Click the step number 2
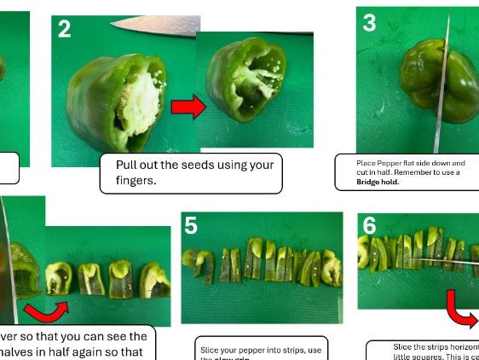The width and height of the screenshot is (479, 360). click(x=65, y=30)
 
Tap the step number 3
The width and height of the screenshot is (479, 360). click(x=369, y=23)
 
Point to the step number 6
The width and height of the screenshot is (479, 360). click(x=369, y=226)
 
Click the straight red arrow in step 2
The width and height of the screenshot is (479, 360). click(x=189, y=107)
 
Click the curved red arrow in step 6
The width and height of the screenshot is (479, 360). click(x=464, y=311)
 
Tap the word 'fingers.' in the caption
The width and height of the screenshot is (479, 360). click(x=136, y=181)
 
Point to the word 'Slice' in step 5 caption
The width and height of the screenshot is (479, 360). click(x=210, y=350)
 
